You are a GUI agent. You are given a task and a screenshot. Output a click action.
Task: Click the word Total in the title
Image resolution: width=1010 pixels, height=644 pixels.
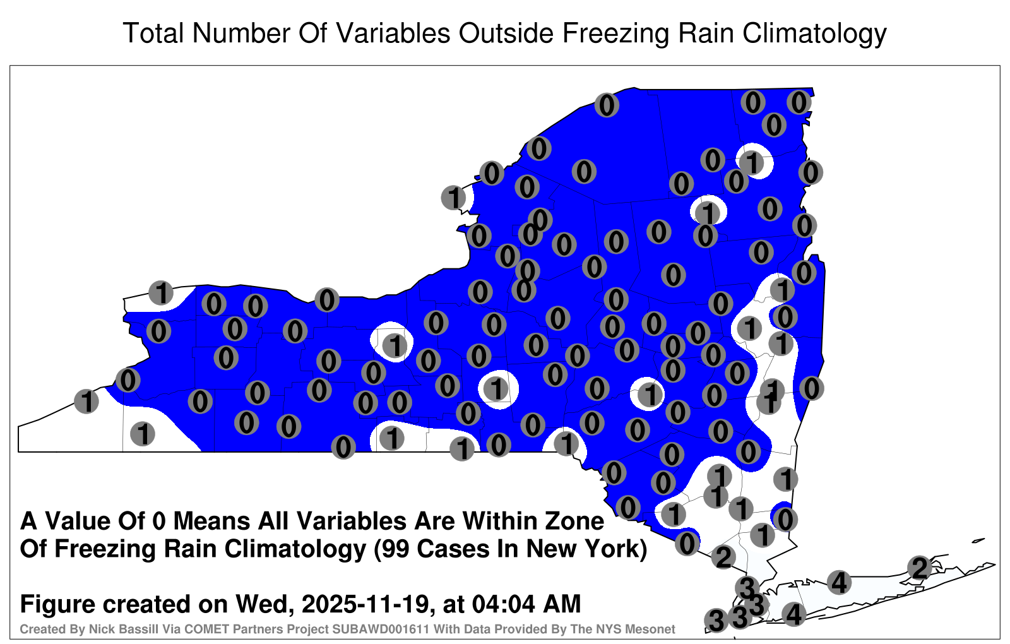coord(153,33)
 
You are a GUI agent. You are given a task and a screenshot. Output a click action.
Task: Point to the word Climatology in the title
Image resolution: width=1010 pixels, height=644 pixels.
coord(814,34)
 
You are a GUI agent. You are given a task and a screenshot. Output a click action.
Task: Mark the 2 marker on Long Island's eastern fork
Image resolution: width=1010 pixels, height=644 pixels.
coord(919,568)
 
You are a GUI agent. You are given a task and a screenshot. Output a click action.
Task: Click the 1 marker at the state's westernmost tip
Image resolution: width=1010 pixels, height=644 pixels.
coord(86,401)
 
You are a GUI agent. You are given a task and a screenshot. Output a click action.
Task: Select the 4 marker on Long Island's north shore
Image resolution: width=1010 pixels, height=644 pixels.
coord(839,582)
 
